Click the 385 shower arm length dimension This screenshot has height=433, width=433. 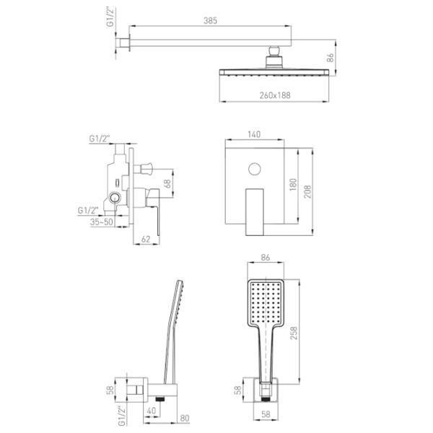click(x=210, y=21)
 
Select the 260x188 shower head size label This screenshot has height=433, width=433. click(x=275, y=95)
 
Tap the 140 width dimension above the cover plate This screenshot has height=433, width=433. click(x=254, y=134)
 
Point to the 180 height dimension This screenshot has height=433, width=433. click(x=293, y=185)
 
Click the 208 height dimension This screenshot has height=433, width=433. click(x=307, y=191)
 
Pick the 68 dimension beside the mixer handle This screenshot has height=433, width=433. click(x=167, y=184)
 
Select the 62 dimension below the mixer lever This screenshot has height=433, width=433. click(x=146, y=239)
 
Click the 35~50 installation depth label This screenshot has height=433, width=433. click(x=101, y=222)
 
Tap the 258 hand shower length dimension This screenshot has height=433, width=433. click(x=294, y=333)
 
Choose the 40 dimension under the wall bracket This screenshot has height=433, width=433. click(x=152, y=411)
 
